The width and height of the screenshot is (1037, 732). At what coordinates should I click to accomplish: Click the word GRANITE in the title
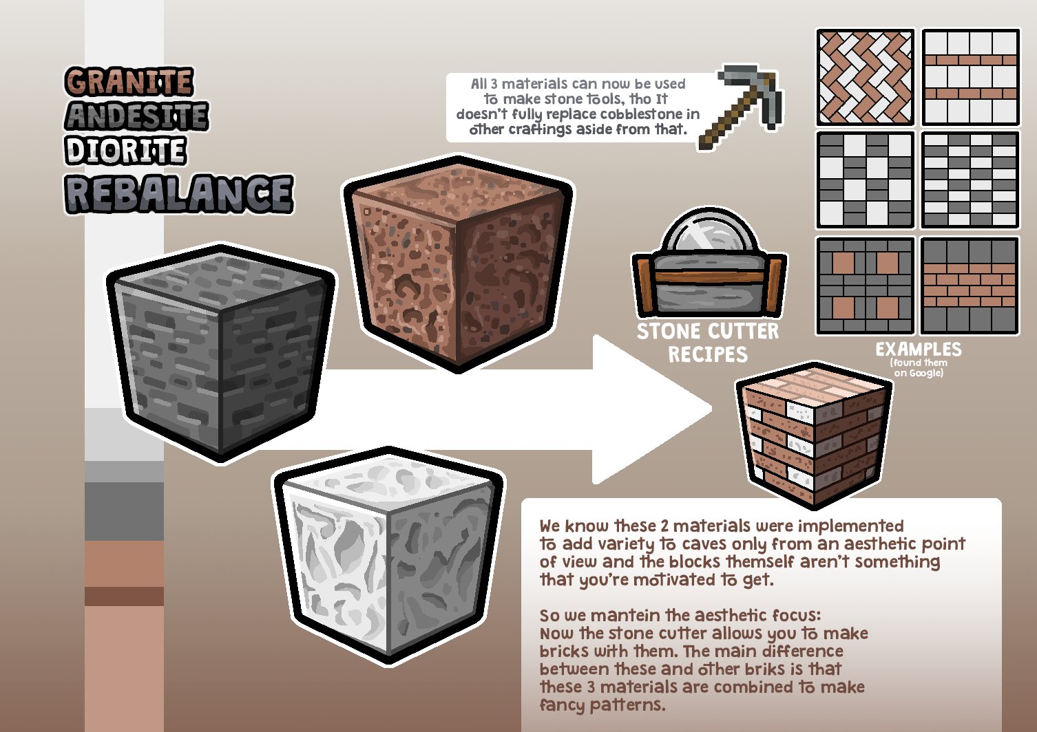[129, 82]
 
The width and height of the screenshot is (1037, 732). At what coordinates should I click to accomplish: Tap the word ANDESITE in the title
[136, 116]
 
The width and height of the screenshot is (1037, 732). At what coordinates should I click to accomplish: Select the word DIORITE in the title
[125, 151]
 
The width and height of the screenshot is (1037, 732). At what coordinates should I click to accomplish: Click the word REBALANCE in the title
[179, 194]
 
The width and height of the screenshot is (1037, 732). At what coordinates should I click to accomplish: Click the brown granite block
[458, 265]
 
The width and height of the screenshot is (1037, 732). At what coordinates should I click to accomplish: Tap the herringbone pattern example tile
[865, 77]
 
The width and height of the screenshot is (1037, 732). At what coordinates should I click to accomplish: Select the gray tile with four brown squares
[865, 285]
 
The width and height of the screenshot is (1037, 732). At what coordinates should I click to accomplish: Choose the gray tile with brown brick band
[970, 285]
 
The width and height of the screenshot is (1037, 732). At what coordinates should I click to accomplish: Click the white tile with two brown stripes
[970, 77]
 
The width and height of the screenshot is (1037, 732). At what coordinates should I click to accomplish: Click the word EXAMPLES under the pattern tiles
[918, 349]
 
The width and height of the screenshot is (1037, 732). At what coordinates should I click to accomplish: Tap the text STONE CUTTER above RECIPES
[707, 332]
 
